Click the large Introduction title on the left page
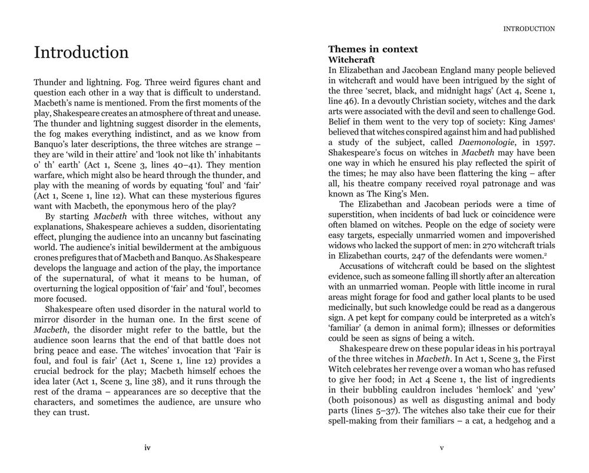(x=81, y=52)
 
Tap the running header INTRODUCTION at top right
(x=529, y=28)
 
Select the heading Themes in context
(x=373, y=49)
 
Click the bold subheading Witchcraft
(x=351, y=60)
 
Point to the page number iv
(x=147, y=448)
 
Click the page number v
(x=442, y=448)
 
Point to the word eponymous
(x=146, y=206)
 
